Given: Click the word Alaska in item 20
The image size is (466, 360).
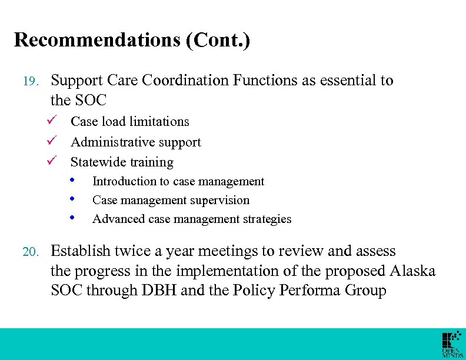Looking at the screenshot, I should (x=412, y=271).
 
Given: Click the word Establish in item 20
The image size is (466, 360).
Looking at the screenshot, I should (x=81, y=251).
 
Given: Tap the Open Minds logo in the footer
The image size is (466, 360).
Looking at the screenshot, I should (x=452, y=345).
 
